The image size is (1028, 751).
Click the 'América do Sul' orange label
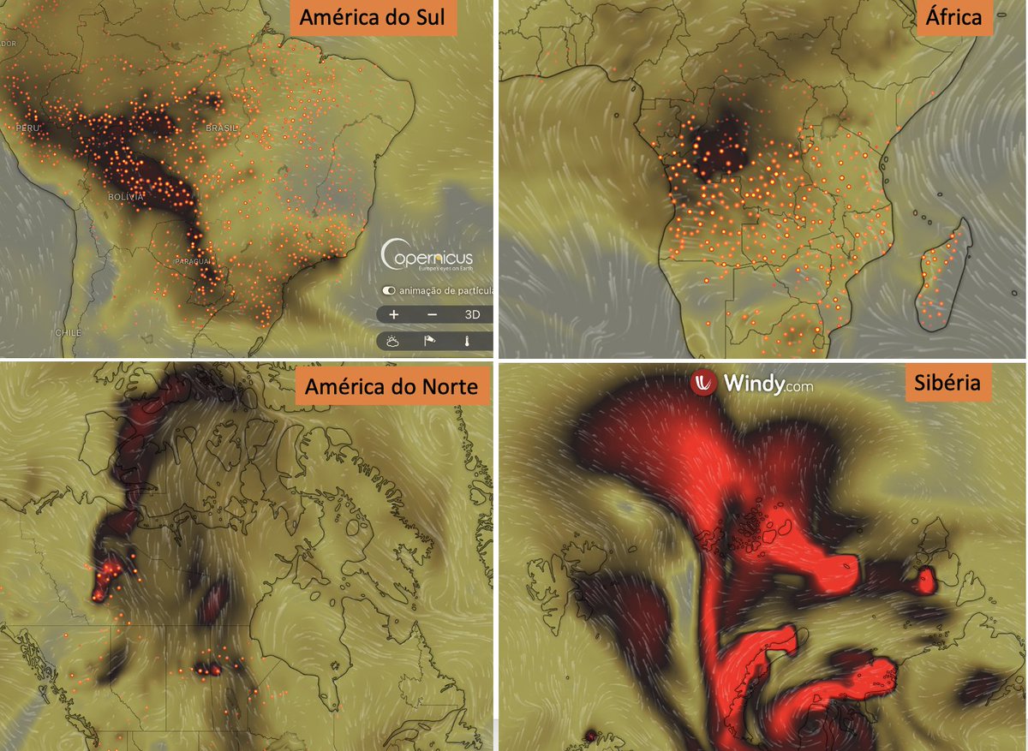pyautogui.click(x=371, y=18)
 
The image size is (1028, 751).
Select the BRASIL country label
pyautogui.click(x=222, y=127)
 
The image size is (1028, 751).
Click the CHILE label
pyautogui.click(x=68, y=331)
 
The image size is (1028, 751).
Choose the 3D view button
pyautogui.click(x=472, y=314)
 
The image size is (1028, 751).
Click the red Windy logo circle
pyautogui.click(x=703, y=383)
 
